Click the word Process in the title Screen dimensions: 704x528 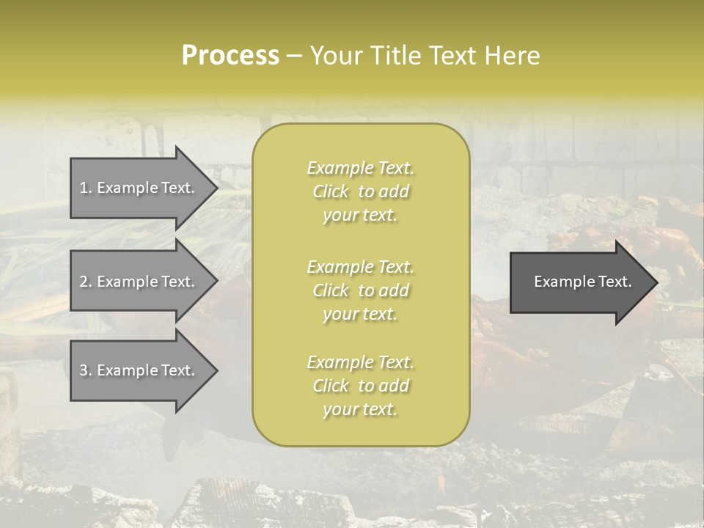coord(230,56)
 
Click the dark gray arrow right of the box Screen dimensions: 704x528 coord(584,282)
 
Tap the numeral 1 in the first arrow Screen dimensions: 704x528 coord(83,188)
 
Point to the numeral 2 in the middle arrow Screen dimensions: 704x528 coord(84,282)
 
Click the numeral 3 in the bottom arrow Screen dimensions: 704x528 coord(84,370)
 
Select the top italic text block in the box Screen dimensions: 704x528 coord(361,191)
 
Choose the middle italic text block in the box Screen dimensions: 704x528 coord(361,290)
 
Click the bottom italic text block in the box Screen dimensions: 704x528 coord(361,385)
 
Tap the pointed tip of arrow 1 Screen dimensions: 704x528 coord(219,188)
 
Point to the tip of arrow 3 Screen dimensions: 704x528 coord(219,370)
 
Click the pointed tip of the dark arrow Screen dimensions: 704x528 coord(659,282)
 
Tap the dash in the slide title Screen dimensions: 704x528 coord(295,57)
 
